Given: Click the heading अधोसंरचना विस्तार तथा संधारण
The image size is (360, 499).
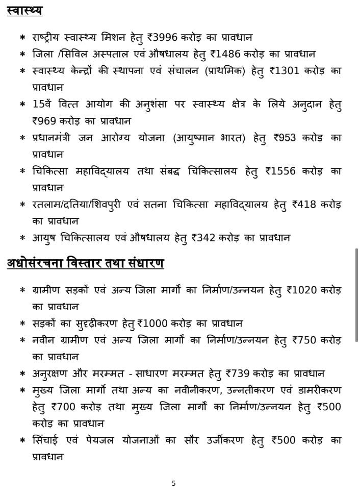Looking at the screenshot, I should pos(85,263).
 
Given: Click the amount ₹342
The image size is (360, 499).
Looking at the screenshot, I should pos(202,237).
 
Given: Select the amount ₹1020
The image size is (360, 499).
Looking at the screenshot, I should pos(300,290).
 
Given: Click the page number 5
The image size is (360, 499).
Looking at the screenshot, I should pos(173,483).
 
